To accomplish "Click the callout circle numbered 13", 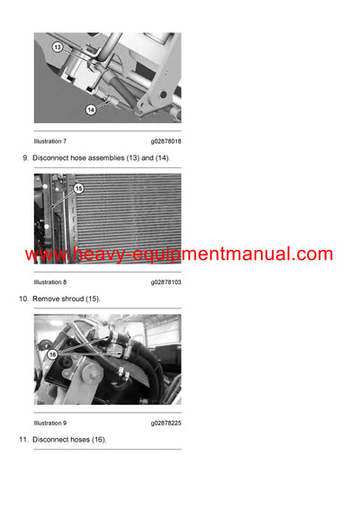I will pyautogui.click(x=57, y=46).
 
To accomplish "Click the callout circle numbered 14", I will pyautogui.click(x=91, y=110).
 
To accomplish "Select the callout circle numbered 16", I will pyautogui.click(x=52, y=354).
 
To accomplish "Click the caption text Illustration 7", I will pyautogui.click(x=49, y=141).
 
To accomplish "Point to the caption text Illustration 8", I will pyautogui.click(x=49, y=281).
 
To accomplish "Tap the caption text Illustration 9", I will pyautogui.click(x=49, y=423).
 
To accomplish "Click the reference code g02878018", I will pyautogui.click(x=166, y=141).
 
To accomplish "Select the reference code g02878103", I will pyautogui.click(x=166, y=281).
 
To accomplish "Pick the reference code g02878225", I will pyautogui.click(x=166, y=423).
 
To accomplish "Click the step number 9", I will pyautogui.click(x=24, y=158).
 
